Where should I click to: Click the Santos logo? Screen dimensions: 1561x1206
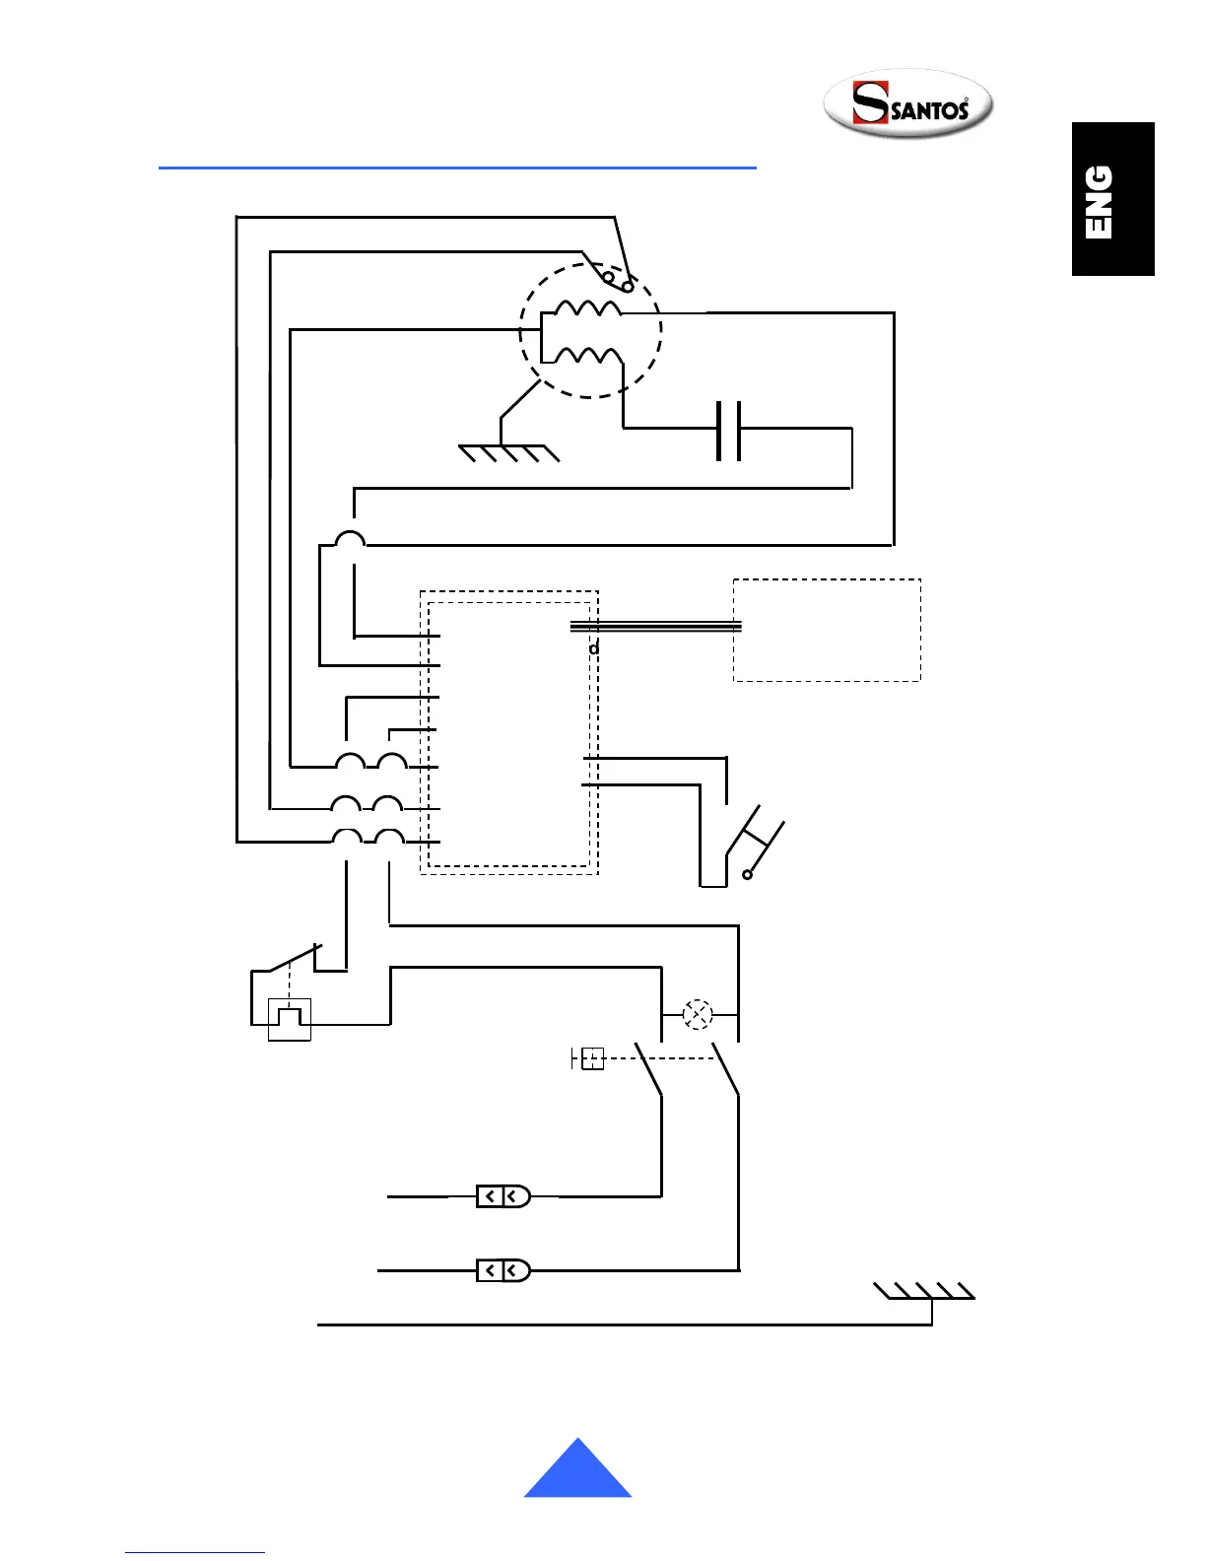pyautogui.click(x=907, y=104)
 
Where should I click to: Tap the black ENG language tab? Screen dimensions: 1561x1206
pyautogui.click(x=1112, y=199)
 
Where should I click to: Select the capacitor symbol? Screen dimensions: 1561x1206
pyautogui.click(x=728, y=430)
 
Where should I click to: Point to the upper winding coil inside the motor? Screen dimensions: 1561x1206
pyautogui.click(x=588, y=308)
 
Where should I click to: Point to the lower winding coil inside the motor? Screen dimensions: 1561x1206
pyautogui.click(x=588, y=355)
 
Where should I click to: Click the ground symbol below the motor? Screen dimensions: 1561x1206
pyautogui.click(x=508, y=452)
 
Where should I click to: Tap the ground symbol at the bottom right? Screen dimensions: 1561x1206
pyautogui.click(x=925, y=1292)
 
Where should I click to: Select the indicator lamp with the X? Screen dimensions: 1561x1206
pyautogui.click(x=698, y=1014)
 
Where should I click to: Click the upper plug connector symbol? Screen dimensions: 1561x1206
pyautogui.click(x=503, y=1196)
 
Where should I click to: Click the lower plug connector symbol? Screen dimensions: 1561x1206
pyautogui.click(x=503, y=1270)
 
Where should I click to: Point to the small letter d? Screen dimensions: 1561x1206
pyautogui.click(x=594, y=648)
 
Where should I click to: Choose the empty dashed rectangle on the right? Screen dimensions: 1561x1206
pyautogui.click(x=827, y=631)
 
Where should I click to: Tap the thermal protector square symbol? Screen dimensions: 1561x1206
pyautogui.click(x=290, y=1019)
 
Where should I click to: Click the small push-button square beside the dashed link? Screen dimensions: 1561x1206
pyautogui.click(x=592, y=1058)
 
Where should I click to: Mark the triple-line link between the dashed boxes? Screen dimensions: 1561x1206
pyautogui.click(x=656, y=626)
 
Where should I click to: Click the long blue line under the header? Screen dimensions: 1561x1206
pyautogui.click(x=457, y=169)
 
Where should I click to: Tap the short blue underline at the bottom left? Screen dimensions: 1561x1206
pyautogui.click(x=195, y=1552)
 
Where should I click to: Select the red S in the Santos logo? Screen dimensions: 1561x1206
pyautogui.click(x=869, y=103)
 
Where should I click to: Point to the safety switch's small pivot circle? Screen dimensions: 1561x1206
pyautogui.click(x=748, y=874)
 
